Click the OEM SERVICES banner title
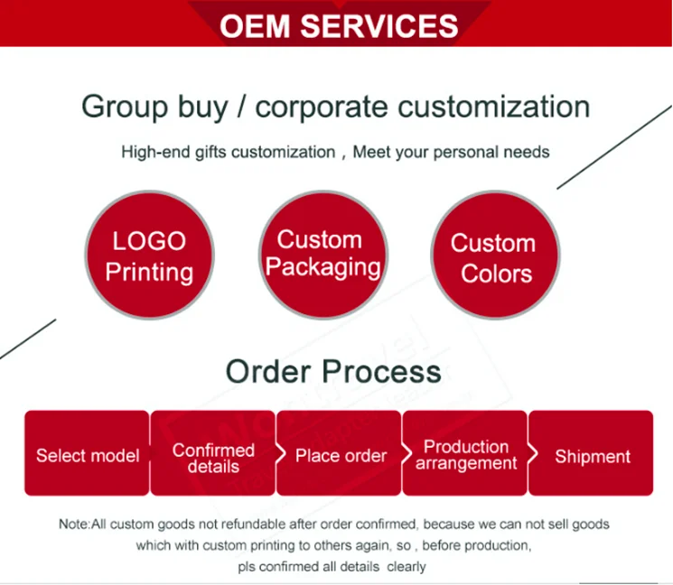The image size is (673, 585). (339, 25)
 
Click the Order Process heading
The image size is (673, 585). (333, 371)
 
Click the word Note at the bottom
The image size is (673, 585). (74, 525)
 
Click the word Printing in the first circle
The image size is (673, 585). (149, 272)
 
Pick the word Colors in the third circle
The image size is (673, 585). (496, 274)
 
